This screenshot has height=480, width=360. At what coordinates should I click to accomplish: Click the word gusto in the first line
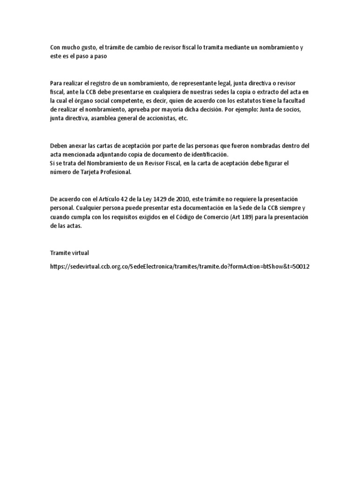click(85, 48)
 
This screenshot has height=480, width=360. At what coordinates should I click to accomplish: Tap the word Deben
click(59, 145)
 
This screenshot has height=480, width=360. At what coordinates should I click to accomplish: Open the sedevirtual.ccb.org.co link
click(180, 266)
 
